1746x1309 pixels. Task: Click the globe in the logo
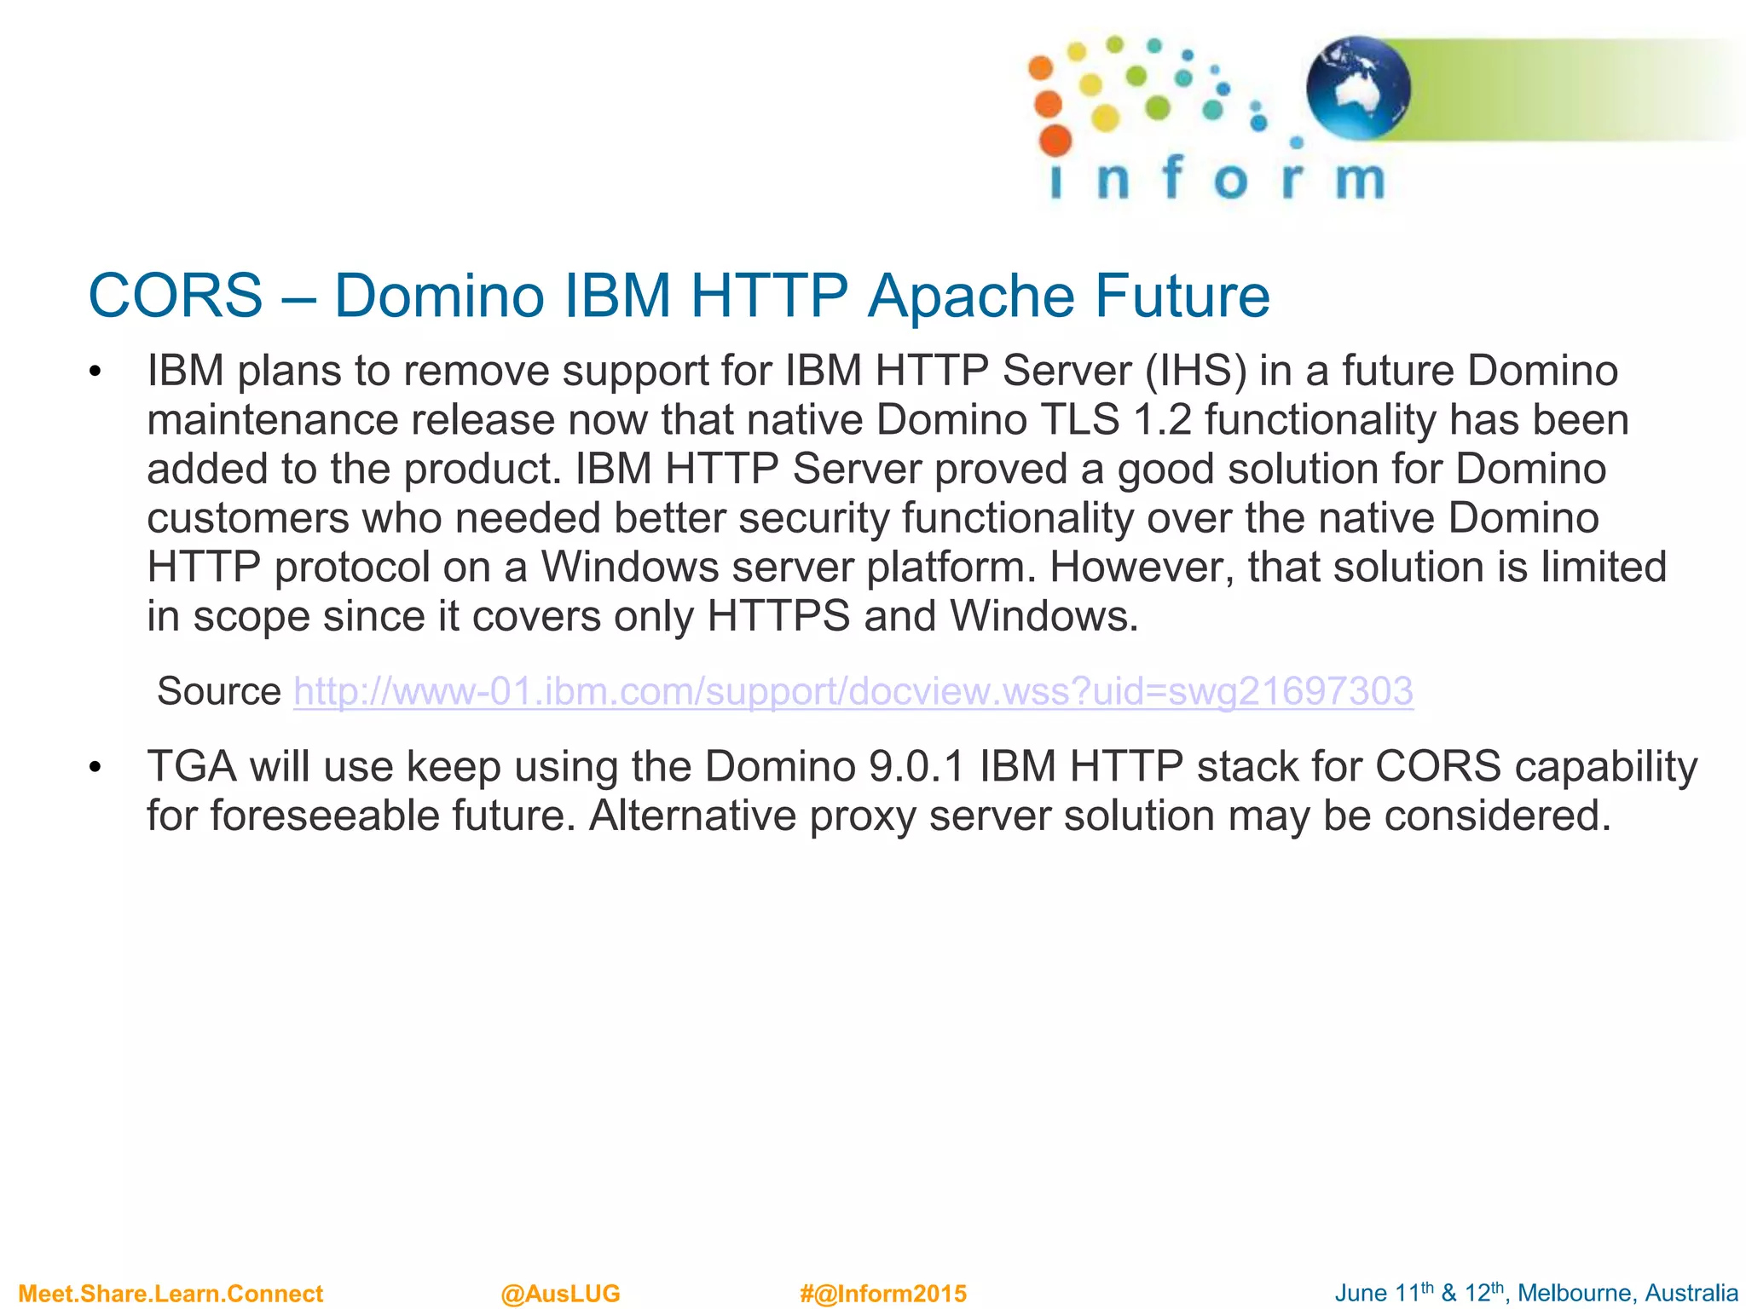pos(1358,88)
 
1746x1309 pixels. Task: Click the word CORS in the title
pos(176,297)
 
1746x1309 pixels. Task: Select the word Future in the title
pos(1182,297)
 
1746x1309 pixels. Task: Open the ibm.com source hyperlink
pos(853,691)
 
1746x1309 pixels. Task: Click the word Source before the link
pos(219,691)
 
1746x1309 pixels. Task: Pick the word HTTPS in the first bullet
pos(778,617)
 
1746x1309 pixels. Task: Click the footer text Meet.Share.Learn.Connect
pos(171,1294)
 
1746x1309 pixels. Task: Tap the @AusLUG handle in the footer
pos(560,1294)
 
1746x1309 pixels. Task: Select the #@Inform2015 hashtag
pos(883,1294)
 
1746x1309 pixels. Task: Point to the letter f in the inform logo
pos(1172,177)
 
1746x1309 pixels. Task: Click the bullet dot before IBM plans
pos(95,372)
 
